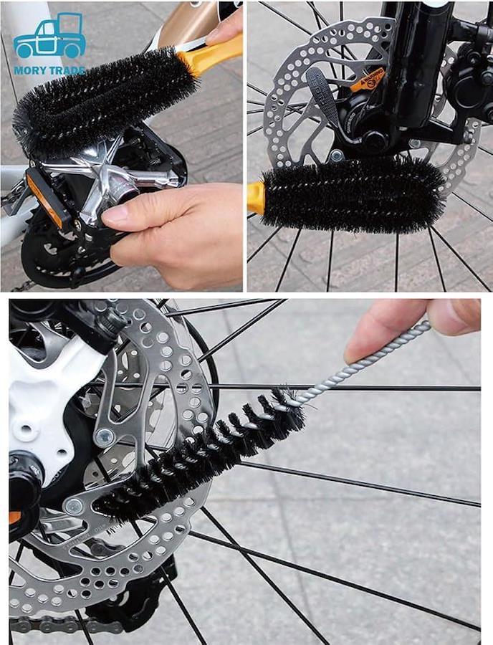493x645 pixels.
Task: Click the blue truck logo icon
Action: coord(49,37)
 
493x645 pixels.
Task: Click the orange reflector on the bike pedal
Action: coord(44,199)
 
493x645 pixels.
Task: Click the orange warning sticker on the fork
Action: coord(367,79)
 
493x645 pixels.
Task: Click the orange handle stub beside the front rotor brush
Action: coord(255,198)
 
